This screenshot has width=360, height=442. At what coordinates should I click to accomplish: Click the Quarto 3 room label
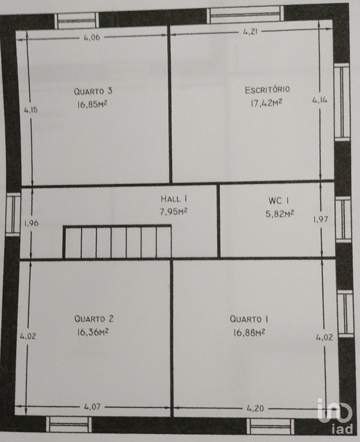click(x=93, y=91)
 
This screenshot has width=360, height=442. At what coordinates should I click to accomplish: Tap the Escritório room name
click(x=267, y=90)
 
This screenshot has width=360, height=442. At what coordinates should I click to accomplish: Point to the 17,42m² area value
click(x=266, y=103)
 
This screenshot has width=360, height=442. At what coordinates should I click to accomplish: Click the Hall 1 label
click(x=174, y=199)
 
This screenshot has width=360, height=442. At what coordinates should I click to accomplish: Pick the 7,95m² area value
click(x=174, y=212)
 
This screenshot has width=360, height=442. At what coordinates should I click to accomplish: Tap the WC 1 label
click(x=279, y=201)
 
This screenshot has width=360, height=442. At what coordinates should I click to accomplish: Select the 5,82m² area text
click(x=280, y=214)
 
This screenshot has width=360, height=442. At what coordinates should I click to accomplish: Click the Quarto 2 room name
click(x=94, y=319)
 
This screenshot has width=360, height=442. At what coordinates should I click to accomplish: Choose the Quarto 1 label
click(x=249, y=319)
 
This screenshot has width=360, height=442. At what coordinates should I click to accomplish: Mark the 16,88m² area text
click(x=249, y=333)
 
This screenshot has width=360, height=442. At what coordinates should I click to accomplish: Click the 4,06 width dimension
click(x=92, y=37)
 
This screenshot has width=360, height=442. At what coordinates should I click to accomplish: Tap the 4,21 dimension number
click(x=251, y=32)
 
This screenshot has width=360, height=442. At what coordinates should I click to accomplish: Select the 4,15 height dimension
click(x=31, y=110)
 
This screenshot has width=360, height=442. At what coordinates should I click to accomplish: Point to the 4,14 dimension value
click(x=320, y=101)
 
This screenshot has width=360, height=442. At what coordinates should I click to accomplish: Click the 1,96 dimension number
click(x=32, y=223)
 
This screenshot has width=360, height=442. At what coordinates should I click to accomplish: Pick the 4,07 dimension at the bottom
click(x=92, y=406)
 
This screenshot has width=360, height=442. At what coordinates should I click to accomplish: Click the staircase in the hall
click(x=117, y=242)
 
